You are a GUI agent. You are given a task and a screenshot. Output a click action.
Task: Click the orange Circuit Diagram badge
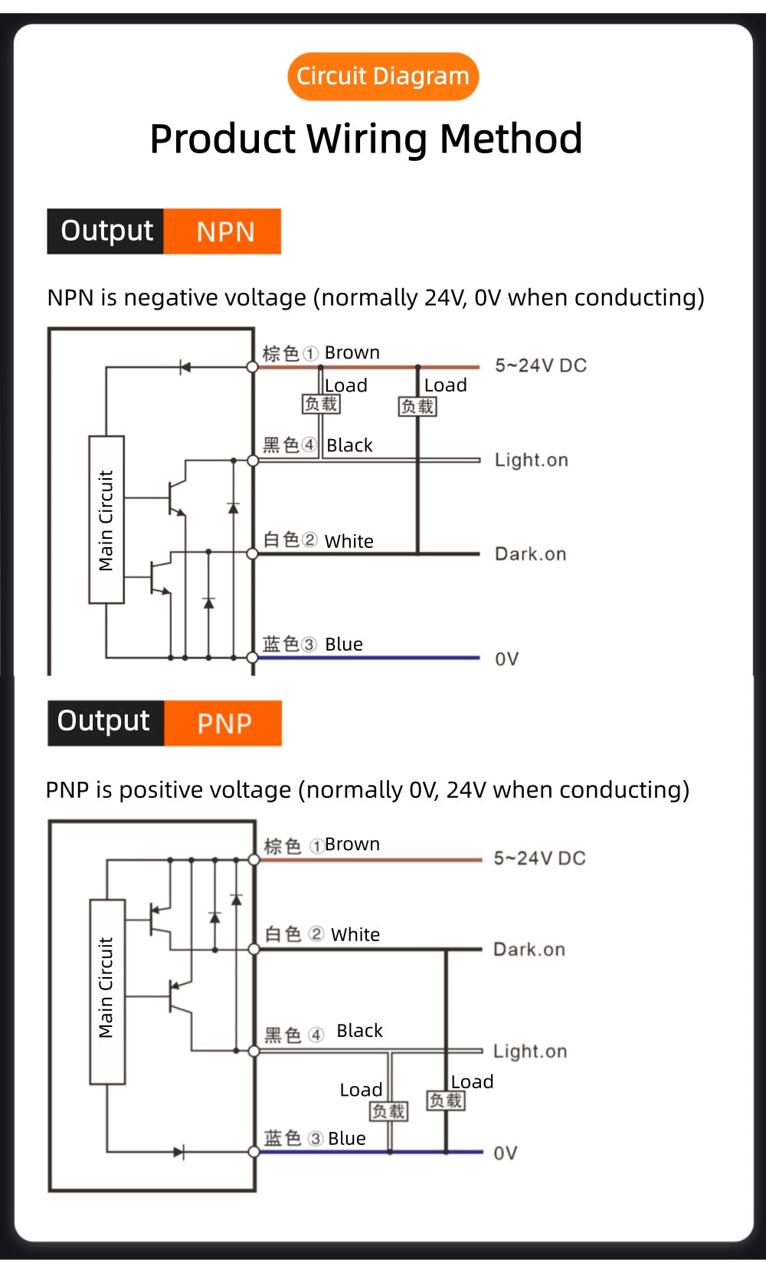(x=383, y=76)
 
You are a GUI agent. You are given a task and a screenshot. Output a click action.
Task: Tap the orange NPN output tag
(x=222, y=231)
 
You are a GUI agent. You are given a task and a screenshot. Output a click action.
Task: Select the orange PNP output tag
(x=223, y=723)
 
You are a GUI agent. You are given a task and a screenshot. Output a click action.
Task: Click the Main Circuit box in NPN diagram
(x=106, y=520)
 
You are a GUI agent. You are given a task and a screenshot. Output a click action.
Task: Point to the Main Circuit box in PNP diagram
(x=107, y=991)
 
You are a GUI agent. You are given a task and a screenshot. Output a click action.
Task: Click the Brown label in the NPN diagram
(x=352, y=353)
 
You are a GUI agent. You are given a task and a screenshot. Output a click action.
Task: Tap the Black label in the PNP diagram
(x=359, y=1030)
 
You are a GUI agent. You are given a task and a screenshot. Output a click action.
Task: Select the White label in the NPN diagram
(x=349, y=541)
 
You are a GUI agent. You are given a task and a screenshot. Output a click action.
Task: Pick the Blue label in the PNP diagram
(x=347, y=1138)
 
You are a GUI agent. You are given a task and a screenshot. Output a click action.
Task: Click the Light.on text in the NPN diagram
(x=532, y=460)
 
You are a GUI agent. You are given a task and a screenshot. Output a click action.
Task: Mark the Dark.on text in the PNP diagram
(x=529, y=949)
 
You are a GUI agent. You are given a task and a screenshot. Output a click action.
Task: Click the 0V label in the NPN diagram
(x=507, y=658)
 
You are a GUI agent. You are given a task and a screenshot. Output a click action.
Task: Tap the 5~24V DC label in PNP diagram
(x=540, y=858)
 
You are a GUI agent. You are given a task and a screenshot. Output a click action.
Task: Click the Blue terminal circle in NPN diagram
(x=253, y=658)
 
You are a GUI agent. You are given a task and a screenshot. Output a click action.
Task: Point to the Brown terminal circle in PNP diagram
(x=254, y=860)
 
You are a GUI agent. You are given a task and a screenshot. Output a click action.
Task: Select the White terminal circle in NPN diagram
(x=253, y=553)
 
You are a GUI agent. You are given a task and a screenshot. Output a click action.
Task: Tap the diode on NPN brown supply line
(x=185, y=368)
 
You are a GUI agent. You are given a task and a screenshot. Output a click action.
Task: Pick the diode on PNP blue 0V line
(x=178, y=1152)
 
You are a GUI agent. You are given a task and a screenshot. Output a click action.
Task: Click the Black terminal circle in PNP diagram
(x=254, y=1051)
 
